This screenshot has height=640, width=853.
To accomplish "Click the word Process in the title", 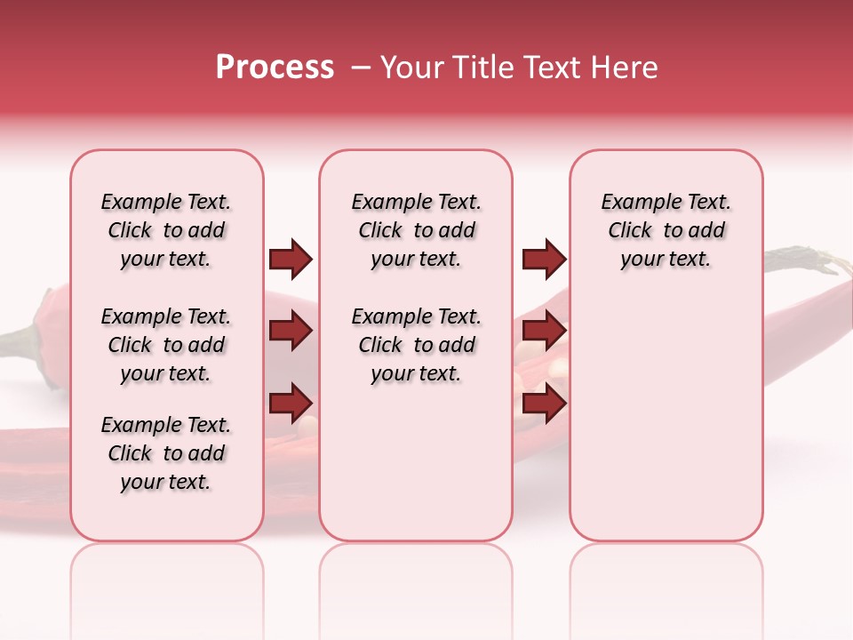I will tap(275, 68).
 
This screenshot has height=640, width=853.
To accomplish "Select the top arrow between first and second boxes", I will tap(291, 259).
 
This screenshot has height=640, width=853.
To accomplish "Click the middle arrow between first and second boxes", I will tap(291, 331).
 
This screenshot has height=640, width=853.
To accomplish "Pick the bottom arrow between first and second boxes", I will tap(291, 403).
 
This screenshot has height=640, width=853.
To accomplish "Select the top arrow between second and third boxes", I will tap(544, 259).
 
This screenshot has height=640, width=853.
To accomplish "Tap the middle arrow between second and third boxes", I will tap(544, 331).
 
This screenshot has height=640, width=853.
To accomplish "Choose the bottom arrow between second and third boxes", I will tap(544, 403).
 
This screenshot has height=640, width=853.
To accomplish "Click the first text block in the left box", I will tap(166, 230).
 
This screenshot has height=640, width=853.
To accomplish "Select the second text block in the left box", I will tap(166, 345).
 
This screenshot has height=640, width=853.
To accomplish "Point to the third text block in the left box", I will tap(166, 453).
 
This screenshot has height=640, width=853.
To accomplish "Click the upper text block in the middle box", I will tap(416, 230).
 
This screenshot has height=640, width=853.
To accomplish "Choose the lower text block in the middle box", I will tap(416, 345).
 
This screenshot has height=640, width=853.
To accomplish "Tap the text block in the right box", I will tap(666, 230).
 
